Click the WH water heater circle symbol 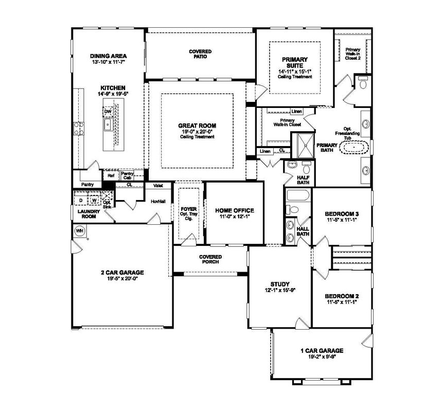tap(80, 230)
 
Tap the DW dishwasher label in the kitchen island tap(108, 111)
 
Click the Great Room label tap(197, 125)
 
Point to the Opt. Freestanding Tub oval tap(355, 149)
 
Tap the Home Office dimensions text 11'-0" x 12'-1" tap(234, 218)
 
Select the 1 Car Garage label tap(322, 351)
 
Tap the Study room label tap(279, 283)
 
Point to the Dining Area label tap(108, 56)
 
